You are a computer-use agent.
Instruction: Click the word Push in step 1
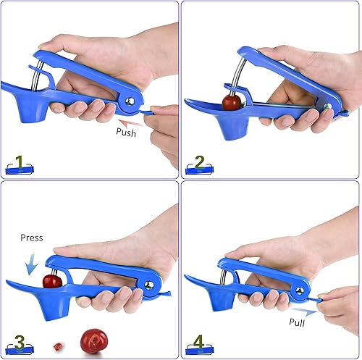pyautogui.click(x=130, y=133)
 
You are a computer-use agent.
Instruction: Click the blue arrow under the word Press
pyautogui.click(x=30, y=263)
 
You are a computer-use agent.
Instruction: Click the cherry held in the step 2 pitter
pyautogui.click(x=232, y=102)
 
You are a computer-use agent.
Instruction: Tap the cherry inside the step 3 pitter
pyautogui.click(x=52, y=280)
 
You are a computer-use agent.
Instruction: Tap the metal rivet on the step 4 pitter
pyautogui.click(x=298, y=290)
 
